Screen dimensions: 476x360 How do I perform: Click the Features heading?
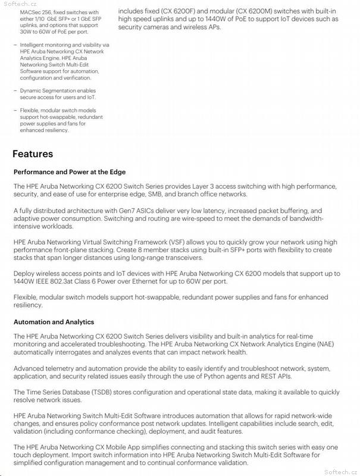click(x=33, y=154)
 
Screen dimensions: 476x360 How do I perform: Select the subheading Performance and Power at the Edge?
click(x=70, y=172)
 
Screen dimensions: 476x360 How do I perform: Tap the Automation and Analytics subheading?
click(x=54, y=322)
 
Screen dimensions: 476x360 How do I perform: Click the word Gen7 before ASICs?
click(x=128, y=211)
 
